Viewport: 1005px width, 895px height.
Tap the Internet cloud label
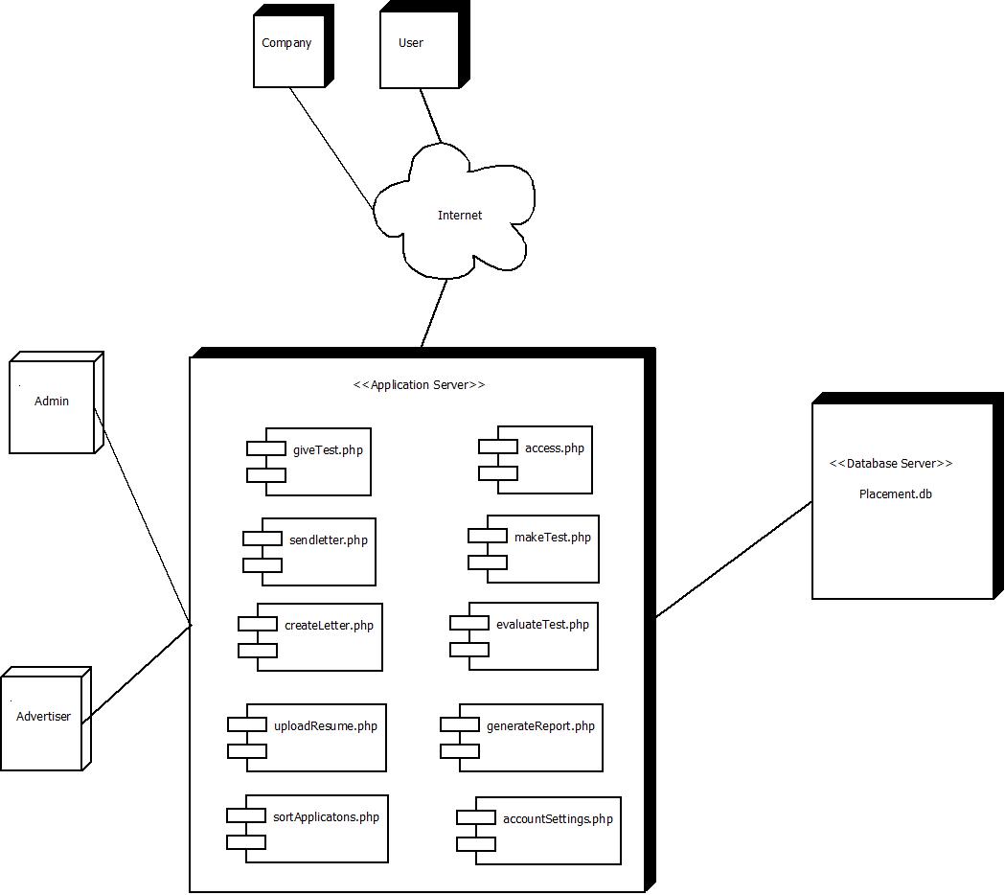[x=460, y=216]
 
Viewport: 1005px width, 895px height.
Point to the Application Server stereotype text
[x=420, y=385]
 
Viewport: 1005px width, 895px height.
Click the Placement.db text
[x=896, y=494]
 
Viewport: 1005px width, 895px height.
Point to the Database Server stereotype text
[x=891, y=464]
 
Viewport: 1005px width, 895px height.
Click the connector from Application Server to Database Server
[x=734, y=560]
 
